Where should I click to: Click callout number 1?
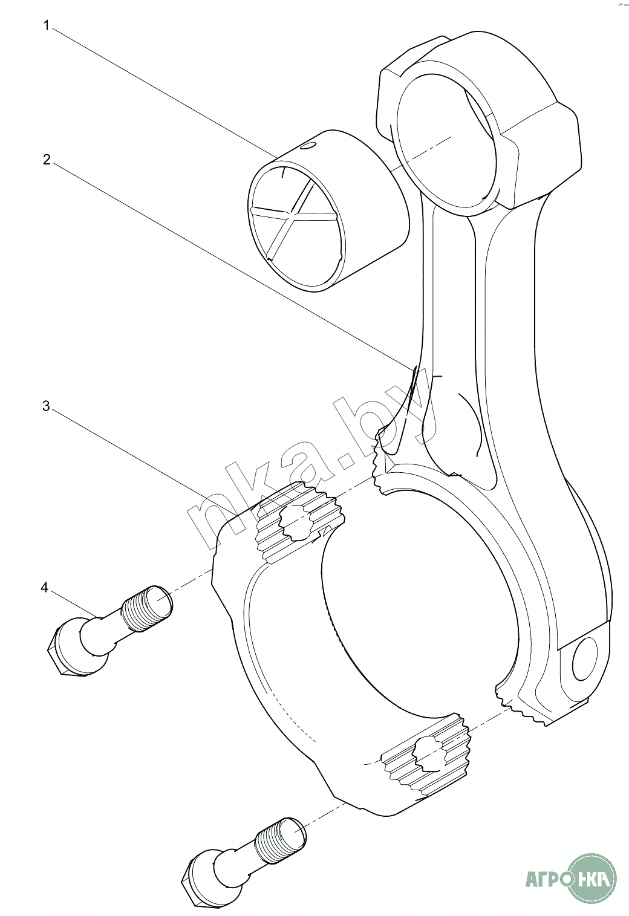[45, 27]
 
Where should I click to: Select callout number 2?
[46, 160]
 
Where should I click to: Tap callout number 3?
[46, 406]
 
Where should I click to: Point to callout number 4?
[44, 588]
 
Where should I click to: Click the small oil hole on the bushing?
[308, 146]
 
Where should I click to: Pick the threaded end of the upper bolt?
[148, 608]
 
